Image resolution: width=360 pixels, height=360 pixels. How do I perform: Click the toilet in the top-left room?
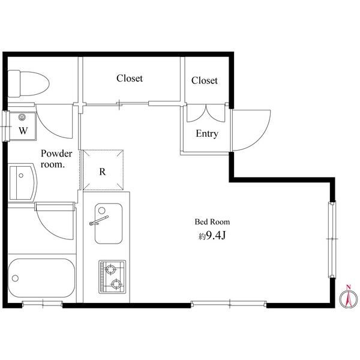pos(28,83)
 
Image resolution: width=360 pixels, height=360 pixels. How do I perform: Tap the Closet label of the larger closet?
pos(130,78)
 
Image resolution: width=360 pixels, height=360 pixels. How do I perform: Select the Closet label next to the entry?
pos(205,80)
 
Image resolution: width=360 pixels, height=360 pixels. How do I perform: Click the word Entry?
pos(207,134)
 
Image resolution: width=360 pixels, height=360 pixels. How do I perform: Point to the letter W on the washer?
pos(23,131)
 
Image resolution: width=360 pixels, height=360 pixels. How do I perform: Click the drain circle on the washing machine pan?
pos(22,118)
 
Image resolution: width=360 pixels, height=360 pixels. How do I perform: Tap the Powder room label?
pos(56,159)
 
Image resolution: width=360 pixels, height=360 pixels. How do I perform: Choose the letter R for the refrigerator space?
pos(103,172)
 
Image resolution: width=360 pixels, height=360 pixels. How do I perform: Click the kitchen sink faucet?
pos(99,220)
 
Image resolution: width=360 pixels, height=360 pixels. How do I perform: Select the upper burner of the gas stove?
pos(110,269)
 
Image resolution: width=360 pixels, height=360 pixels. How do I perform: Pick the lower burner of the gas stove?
pos(116,284)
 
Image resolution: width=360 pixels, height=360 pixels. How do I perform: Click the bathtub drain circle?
pos(15,278)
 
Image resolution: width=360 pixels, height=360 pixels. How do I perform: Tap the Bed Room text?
pos(212,222)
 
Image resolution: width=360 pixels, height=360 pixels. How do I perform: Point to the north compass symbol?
pos(349,298)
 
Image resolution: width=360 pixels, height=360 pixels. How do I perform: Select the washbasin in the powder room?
pos(22,182)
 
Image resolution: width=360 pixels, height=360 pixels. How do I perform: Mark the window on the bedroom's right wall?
pos(332,239)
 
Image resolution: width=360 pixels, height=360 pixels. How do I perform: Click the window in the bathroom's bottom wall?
pos(43,304)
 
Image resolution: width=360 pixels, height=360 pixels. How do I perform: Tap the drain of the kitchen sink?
pos(102,211)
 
